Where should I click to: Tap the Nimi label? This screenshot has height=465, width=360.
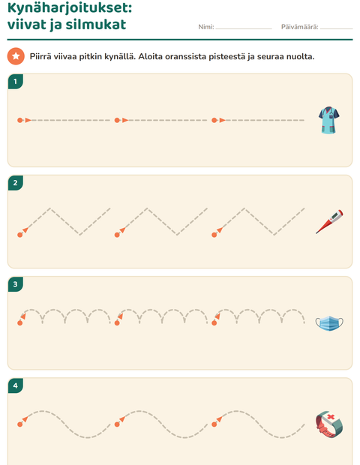coord(205,27)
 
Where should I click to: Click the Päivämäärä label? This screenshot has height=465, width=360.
coord(299,27)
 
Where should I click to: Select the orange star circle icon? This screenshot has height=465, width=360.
coord(16,55)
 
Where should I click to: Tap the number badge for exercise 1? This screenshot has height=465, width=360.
coord(16,82)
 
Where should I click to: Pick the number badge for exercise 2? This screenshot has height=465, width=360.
coord(16,183)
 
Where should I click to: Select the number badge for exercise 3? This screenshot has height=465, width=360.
coord(16,284)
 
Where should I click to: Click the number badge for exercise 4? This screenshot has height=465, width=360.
coord(16,385)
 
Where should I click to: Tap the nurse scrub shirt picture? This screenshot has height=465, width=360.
coord(328,120)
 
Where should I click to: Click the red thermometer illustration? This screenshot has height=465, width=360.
coord(329,221)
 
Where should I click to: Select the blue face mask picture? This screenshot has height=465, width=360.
coord(329,323)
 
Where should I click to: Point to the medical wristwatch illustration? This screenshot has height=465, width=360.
coord(329,424)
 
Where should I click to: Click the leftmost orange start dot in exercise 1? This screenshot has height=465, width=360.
coord(19,120)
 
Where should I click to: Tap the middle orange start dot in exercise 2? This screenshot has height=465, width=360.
coord(117,235)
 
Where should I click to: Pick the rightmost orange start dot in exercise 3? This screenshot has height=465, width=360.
coord(214,322)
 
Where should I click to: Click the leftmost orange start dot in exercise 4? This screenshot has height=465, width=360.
coord(19,424)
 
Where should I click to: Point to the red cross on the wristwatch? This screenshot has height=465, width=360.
coord(331,417)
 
